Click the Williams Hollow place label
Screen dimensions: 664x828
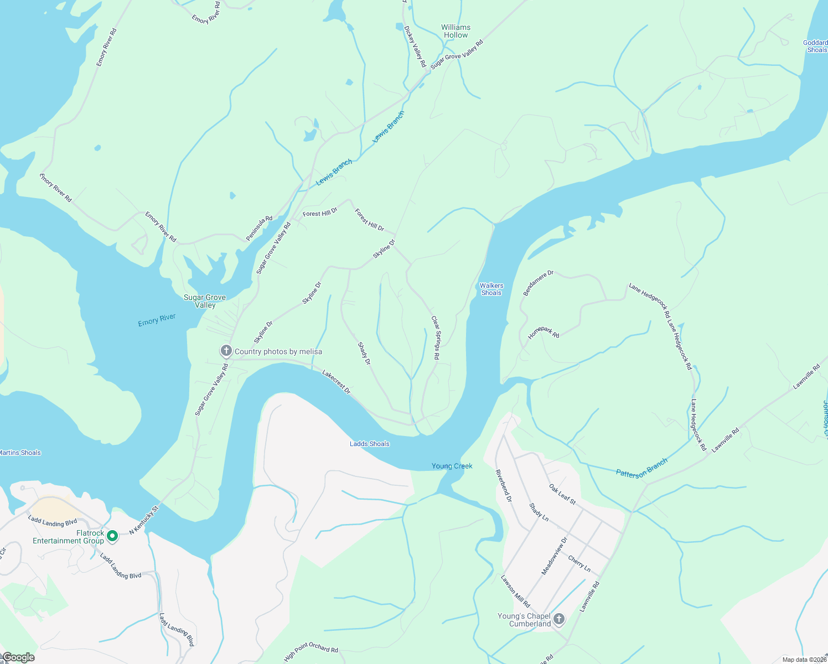tap(456, 31)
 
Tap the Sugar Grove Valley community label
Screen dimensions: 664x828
tap(205, 301)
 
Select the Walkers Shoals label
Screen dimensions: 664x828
tap(491, 289)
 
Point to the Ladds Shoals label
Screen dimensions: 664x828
tap(369, 444)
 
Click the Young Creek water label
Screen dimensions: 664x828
tap(452, 466)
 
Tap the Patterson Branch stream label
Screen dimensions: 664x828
tap(641, 468)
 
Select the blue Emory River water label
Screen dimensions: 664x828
tap(157, 320)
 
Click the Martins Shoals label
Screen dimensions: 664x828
tap(20, 453)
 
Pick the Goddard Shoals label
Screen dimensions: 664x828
tap(815, 46)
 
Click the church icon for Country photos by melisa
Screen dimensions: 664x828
tap(226, 351)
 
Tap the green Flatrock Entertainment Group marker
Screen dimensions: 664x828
tap(112, 536)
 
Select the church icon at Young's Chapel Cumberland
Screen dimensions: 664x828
tap(559, 619)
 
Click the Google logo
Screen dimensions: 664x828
tap(19, 657)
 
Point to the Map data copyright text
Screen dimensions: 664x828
tap(804, 660)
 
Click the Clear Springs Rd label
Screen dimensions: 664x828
tap(436, 338)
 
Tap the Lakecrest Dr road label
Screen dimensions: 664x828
tap(337, 382)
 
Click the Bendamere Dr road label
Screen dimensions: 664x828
tap(538, 283)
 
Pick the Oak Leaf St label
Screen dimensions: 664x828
tap(562, 494)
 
